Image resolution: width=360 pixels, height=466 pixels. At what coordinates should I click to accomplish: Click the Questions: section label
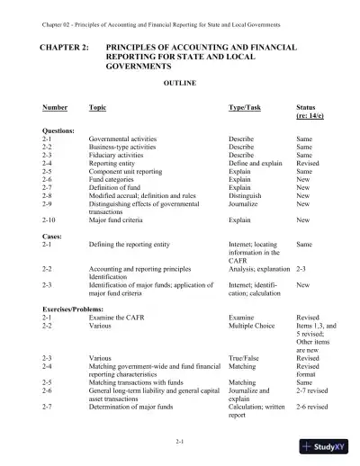pos(59,131)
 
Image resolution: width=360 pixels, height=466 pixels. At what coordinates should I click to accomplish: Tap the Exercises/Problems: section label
pos(73,310)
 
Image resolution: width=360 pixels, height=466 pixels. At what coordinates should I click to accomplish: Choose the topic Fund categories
pos(114,179)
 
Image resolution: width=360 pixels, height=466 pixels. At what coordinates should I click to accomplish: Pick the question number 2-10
pos(50,219)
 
